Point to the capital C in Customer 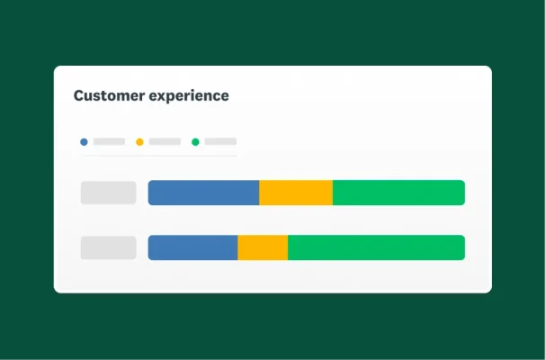coord(79,95)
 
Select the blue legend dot coord(84,141)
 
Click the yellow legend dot coord(139,141)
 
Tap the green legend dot coord(195,141)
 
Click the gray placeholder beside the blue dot coord(109,141)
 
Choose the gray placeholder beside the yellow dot coord(165,141)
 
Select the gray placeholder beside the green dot coord(220,141)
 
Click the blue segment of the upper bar coord(203,193)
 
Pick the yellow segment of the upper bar coord(296,193)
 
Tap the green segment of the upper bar coord(398,193)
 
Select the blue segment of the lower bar coord(192,247)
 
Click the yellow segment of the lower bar coord(263,247)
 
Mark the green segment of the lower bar coord(376,247)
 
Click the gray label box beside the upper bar coord(108,193)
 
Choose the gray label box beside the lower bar coord(108,247)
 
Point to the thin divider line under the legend coord(158,156)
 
